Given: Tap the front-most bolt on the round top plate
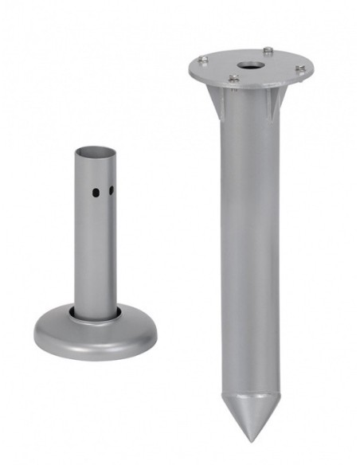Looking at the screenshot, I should point(234,78).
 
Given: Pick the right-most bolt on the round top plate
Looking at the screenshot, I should point(300,70).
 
